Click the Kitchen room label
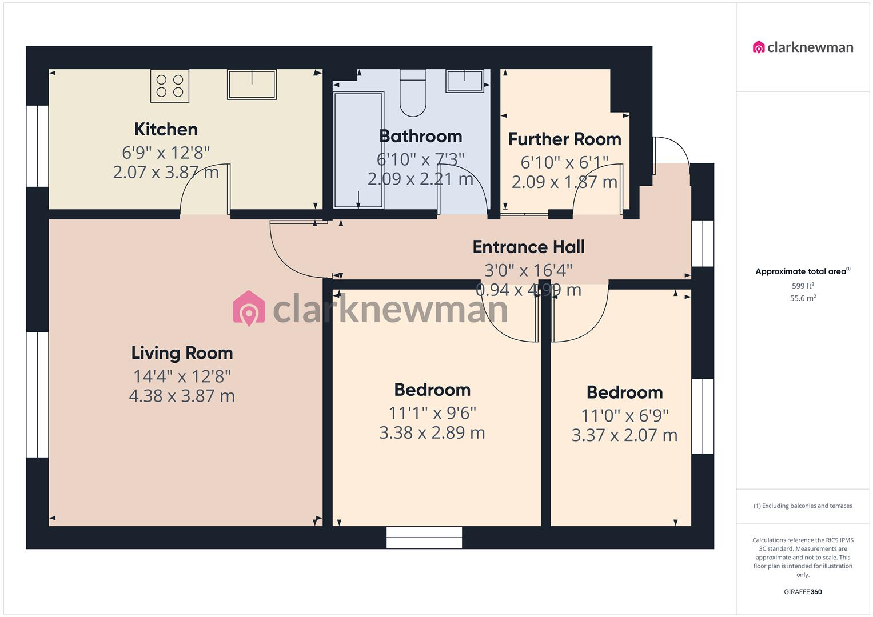166,129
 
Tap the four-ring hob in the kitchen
170,86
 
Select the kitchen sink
252,84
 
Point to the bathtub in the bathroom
358,150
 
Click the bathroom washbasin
465,81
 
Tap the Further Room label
564,139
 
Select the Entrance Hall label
528,247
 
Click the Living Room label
182,353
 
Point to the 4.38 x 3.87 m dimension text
182,396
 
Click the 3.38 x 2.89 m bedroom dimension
432,432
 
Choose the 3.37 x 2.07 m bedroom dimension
624,435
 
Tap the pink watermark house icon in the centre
249,308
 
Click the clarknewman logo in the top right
803,47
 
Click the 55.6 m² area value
803,298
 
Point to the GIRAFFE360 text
803,592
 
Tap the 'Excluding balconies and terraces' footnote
803,506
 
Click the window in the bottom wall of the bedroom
424,538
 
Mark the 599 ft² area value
803,286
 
